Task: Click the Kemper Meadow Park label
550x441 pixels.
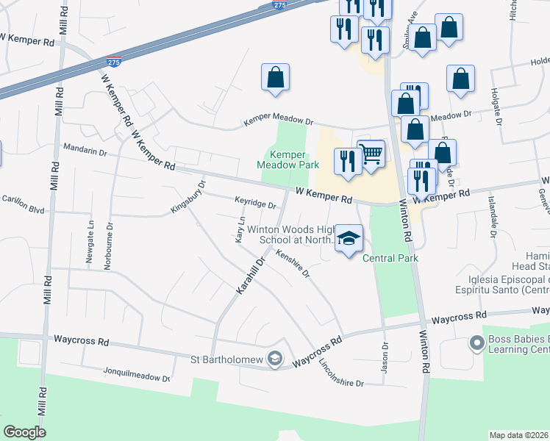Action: [x=287, y=159]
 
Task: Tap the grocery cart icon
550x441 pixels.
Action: [x=372, y=154]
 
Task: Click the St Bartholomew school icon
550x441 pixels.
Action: [x=275, y=358]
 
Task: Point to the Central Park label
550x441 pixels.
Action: [x=390, y=258]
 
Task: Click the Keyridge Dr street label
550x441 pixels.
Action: [x=254, y=203]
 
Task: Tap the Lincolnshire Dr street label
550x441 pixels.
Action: [x=342, y=373]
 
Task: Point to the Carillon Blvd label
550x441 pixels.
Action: [x=24, y=203]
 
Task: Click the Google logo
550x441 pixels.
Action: [x=25, y=432]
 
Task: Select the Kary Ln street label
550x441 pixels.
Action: [x=240, y=231]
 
